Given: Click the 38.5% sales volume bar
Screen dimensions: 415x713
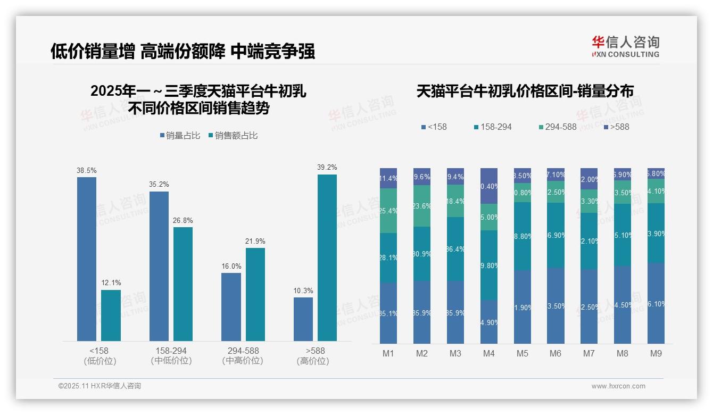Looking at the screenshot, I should (x=87, y=259).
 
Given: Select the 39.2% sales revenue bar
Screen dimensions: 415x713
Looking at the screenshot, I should (x=327, y=258).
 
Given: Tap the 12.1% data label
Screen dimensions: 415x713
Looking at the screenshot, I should (x=111, y=283).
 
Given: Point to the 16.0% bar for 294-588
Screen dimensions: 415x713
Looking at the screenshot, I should (x=231, y=306).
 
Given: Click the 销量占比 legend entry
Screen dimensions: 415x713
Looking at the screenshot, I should (x=180, y=136).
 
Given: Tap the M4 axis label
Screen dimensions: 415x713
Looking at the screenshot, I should (x=489, y=353).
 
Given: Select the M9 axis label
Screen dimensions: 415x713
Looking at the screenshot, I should (x=656, y=353).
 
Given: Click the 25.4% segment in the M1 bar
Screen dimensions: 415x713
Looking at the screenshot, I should (x=388, y=211).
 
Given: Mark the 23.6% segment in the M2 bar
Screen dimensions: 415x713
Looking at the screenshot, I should (x=422, y=206).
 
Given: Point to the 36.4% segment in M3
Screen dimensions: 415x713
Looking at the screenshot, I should (x=455, y=248).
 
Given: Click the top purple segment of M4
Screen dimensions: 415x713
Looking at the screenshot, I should (x=489, y=186).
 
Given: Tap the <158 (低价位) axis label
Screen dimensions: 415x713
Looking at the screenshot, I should (x=100, y=356).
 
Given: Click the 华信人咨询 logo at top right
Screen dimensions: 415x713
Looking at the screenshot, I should (x=625, y=46).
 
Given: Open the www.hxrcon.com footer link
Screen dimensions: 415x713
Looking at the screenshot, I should (x=618, y=386).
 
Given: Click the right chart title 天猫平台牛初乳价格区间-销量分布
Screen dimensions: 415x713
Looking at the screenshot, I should (x=525, y=91).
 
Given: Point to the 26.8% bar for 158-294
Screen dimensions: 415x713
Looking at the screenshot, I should (x=183, y=284).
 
